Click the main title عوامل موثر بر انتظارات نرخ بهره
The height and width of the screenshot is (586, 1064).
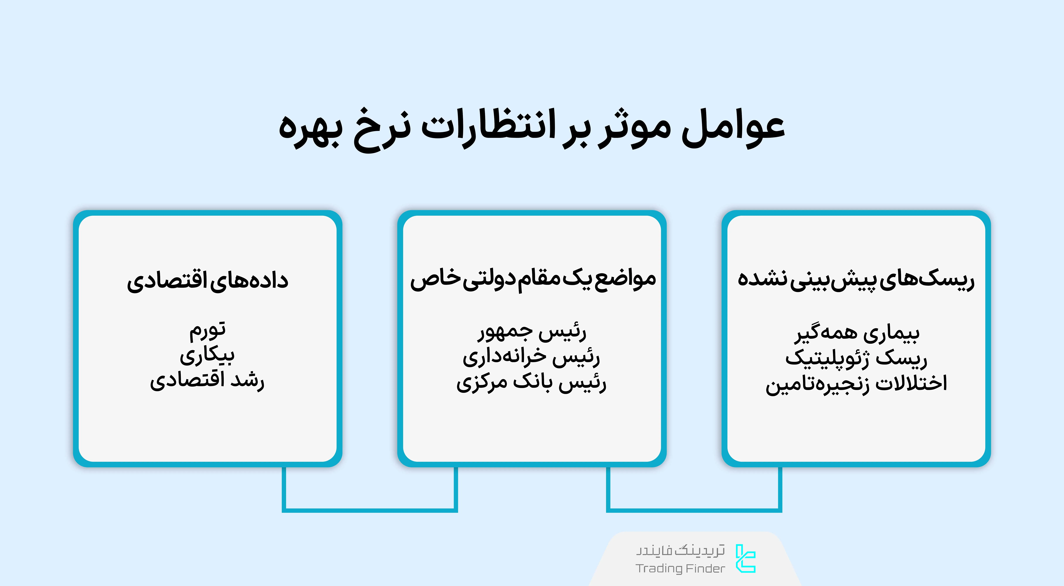tap(532, 128)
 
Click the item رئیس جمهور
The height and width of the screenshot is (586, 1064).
tap(532, 332)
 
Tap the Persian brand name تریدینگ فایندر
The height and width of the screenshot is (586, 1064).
tap(680, 551)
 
